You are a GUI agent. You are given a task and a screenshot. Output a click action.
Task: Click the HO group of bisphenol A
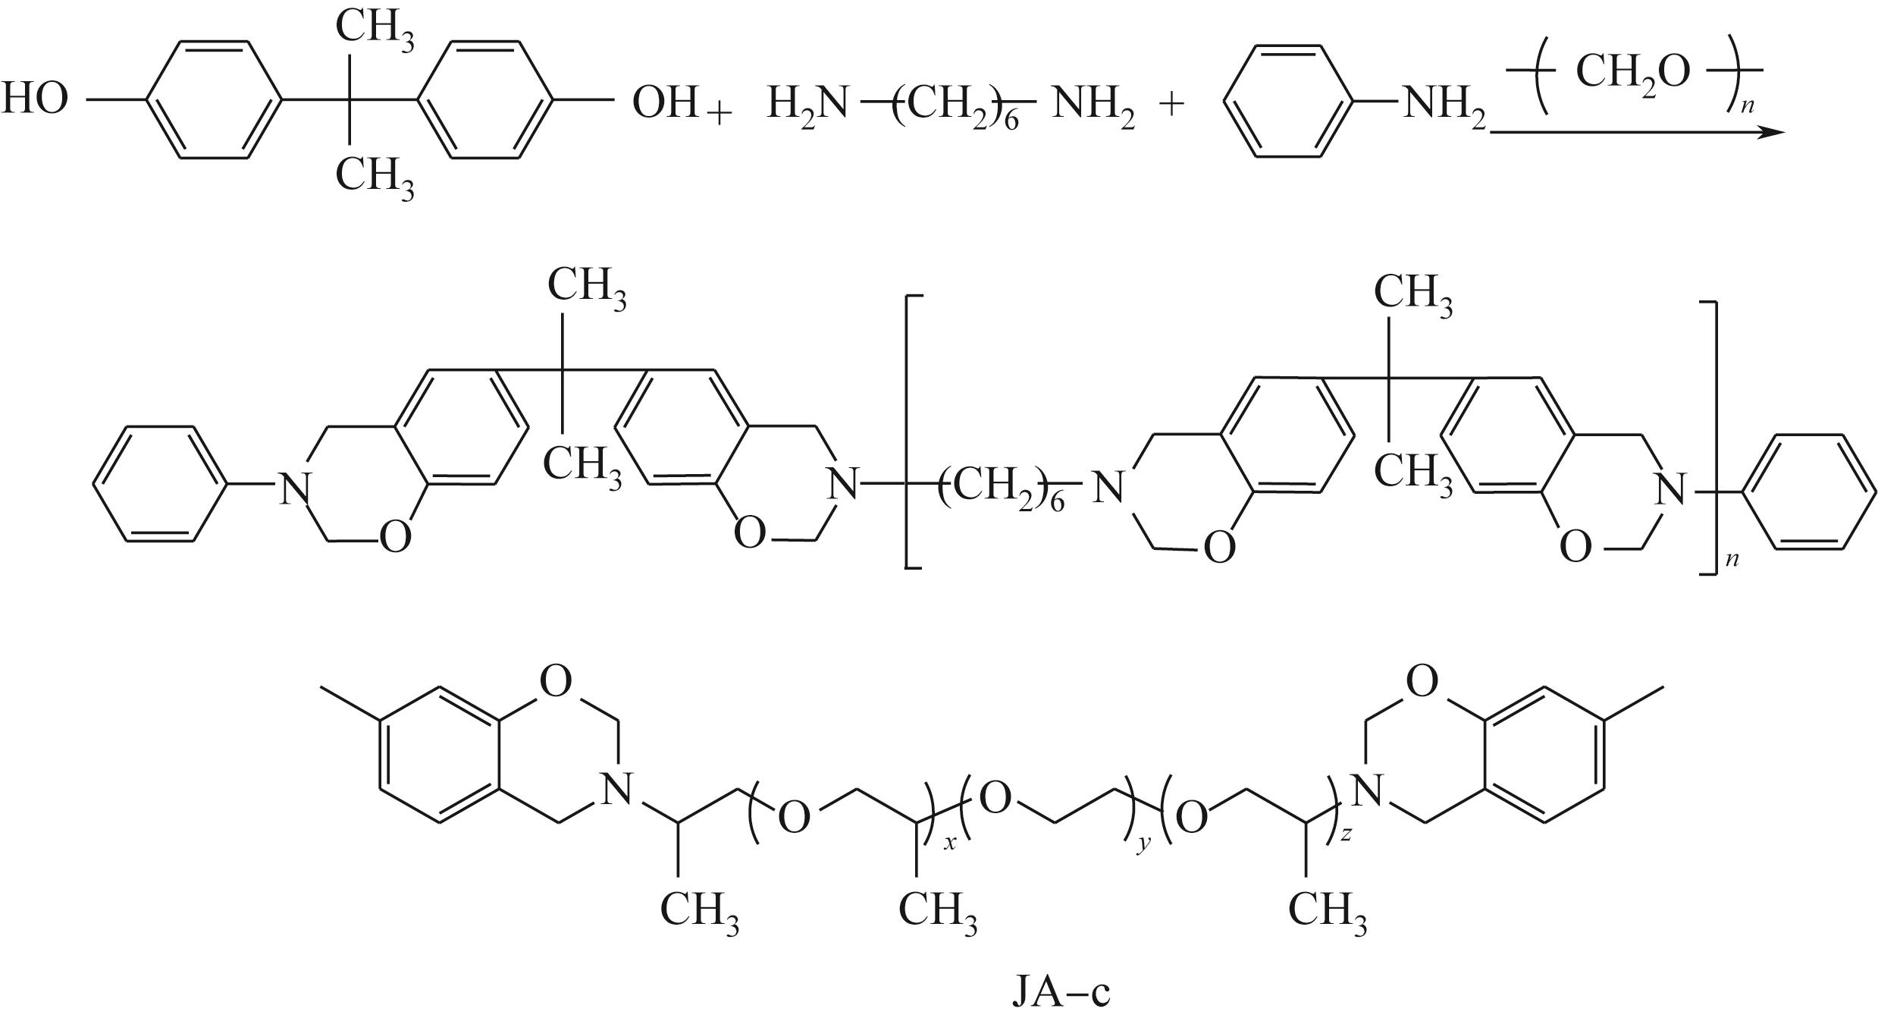tap(35, 100)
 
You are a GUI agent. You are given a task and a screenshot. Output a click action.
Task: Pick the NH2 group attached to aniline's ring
tap(1444, 104)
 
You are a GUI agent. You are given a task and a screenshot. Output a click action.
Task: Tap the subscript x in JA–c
tap(949, 843)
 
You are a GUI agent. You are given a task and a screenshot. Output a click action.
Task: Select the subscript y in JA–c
tap(1141, 843)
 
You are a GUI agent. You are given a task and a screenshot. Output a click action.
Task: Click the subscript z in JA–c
tap(1344, 834)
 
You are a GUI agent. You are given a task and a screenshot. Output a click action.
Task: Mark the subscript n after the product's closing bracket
tap(1731, 560)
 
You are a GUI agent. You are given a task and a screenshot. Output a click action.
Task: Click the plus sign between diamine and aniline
tap(1171, 104)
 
